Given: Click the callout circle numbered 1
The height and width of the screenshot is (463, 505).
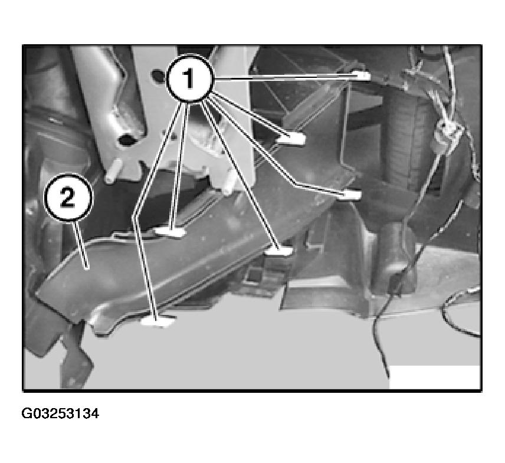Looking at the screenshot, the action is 189,78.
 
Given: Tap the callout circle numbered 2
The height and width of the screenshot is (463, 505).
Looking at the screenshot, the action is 68,198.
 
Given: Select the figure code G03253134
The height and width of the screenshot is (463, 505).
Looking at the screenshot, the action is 60,413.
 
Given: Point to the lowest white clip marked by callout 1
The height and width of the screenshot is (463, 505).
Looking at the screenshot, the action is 158,321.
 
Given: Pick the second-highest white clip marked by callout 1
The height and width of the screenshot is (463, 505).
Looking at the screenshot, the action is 291,139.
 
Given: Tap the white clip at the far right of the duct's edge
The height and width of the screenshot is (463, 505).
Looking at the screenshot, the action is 350,195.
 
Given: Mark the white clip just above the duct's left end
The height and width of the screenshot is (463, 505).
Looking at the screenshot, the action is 170,232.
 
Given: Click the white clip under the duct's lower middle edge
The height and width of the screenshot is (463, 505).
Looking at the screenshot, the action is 279,251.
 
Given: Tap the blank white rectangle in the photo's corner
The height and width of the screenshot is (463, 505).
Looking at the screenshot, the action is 434,377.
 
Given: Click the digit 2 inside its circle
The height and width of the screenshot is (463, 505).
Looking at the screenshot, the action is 68,198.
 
